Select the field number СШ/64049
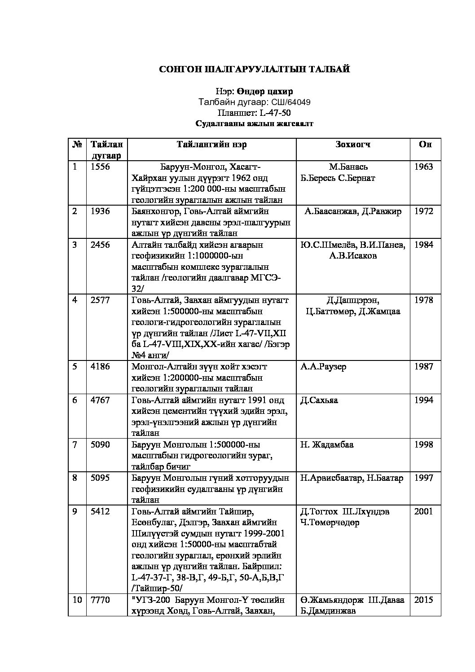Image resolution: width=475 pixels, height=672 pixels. [290, 102]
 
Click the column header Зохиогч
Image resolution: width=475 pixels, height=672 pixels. [352, 144]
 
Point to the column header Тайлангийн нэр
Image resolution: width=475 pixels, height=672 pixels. [211, 144]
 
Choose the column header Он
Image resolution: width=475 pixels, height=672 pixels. [425, 144]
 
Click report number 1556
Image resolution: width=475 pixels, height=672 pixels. [100, 167]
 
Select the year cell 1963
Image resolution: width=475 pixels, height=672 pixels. [424, 167]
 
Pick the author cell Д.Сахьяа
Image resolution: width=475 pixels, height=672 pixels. [319, 400]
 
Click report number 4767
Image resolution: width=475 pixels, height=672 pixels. [100, 400]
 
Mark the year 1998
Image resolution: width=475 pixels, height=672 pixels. [424, 444]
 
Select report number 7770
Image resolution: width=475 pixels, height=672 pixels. [100, 600]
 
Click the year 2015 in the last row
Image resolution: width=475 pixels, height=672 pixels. [424, 600]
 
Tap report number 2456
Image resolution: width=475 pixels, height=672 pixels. [100, 245]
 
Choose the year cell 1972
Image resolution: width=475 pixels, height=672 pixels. [424, 211]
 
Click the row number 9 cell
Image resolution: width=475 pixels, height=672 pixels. [75, 511]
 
